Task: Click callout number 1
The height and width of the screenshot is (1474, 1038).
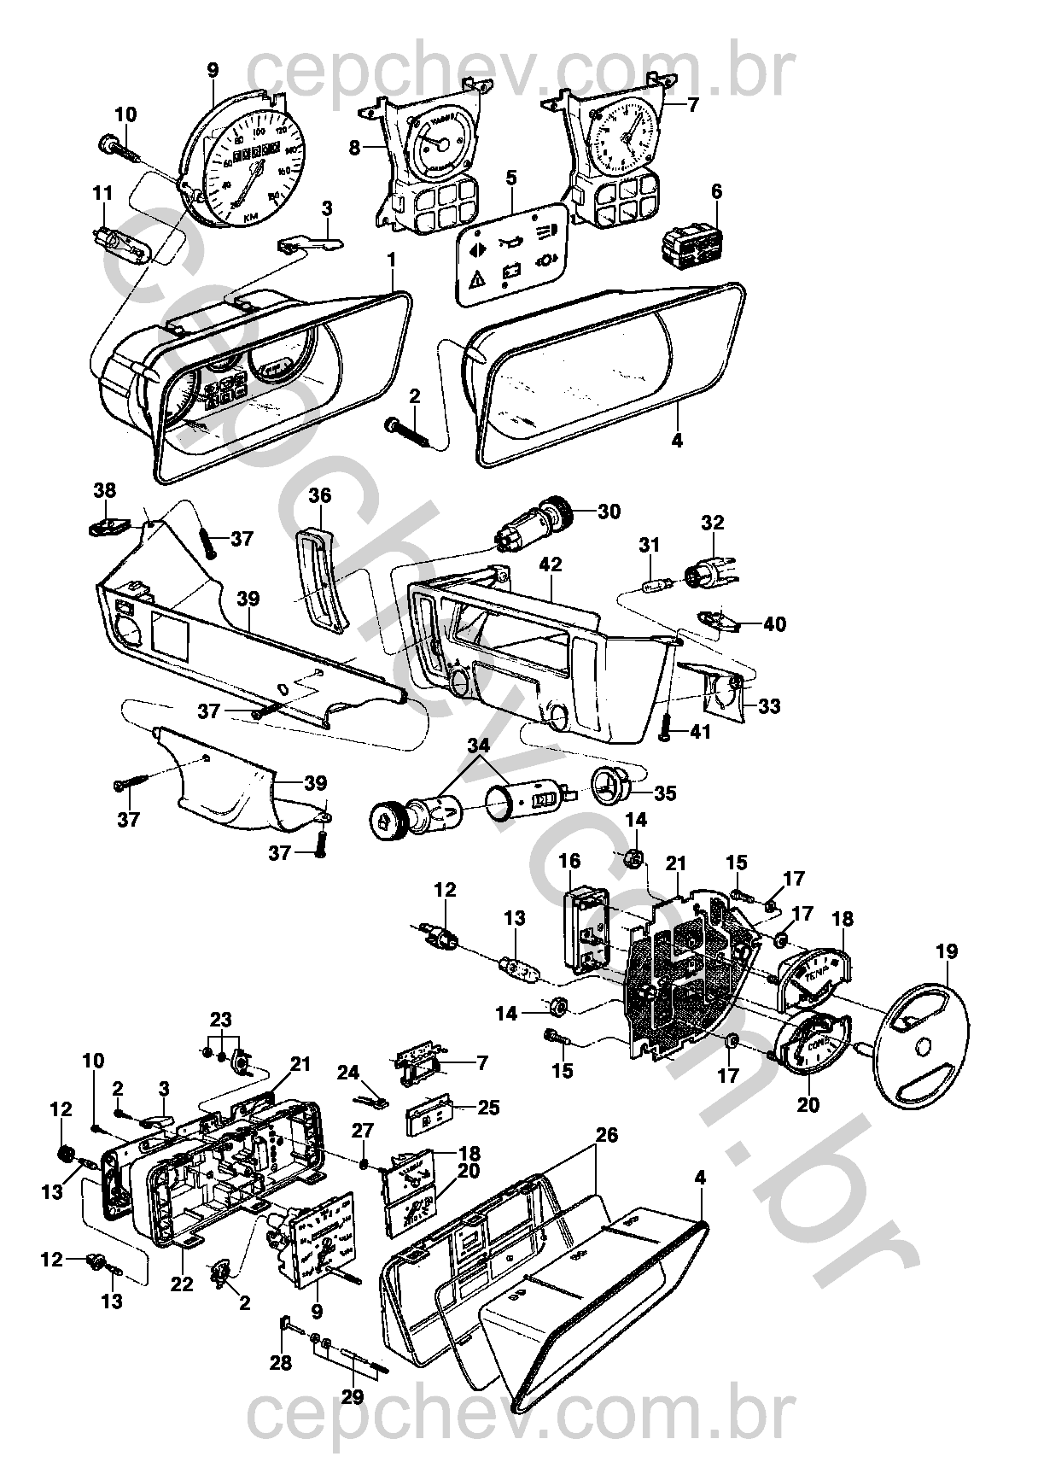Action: coord(391,257)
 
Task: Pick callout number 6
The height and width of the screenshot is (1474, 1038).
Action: coord(716,192)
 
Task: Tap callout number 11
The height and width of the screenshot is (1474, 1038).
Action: coord(102,194)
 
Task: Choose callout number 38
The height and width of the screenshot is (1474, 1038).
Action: coord(105,490)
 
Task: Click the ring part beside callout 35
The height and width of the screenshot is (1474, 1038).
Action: coord(611,784)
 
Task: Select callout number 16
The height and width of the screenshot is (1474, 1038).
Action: coord(569,860)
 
